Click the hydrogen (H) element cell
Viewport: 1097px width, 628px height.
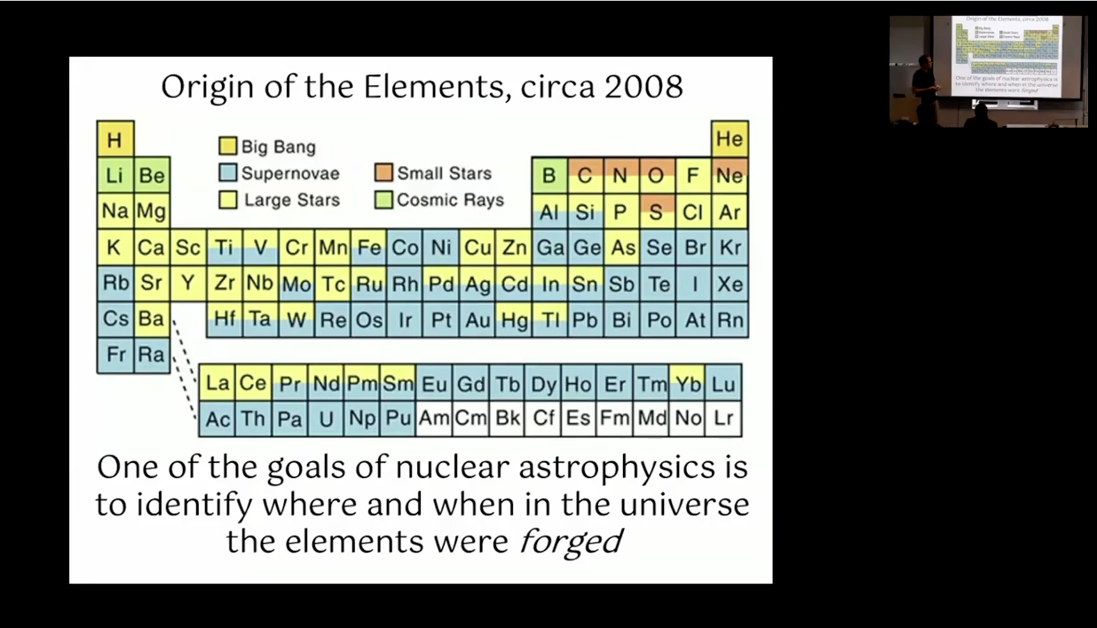[115, 139]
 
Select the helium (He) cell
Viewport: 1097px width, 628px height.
[730, 139]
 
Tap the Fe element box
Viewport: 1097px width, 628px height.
[368, 247]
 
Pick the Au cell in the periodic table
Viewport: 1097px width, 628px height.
[477, 319]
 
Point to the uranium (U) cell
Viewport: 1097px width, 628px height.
[326, 419]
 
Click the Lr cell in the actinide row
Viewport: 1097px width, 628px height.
[724, 419]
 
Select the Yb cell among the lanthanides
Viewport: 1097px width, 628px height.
[688, 383]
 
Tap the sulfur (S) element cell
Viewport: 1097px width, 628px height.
[656, 211]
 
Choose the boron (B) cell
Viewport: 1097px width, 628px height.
[549, 176]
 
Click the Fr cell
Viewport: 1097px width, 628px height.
[115, 355]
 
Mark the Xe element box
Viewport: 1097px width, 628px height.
[730, 284]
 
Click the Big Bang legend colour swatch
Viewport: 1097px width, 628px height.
[228, 145]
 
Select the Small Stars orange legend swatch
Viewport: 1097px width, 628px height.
[383, 172]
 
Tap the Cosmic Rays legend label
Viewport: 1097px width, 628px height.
[450, 200]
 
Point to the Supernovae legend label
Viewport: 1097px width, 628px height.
[290, 173]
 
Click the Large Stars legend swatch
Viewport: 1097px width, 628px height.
[228, 200]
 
